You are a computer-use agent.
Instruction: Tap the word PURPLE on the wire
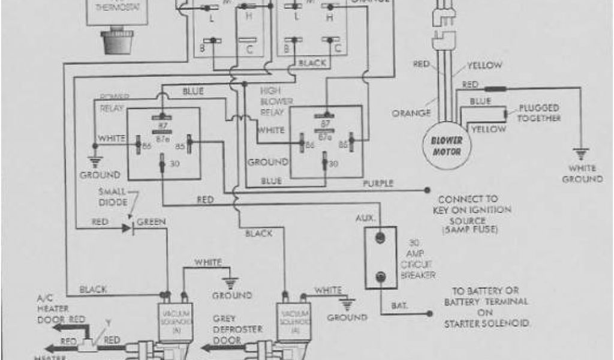point(378,183)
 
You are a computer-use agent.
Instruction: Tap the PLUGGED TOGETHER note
point(539,113)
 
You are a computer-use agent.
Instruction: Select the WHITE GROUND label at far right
point(582,175)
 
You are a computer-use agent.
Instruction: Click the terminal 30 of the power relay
point(162,163)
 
